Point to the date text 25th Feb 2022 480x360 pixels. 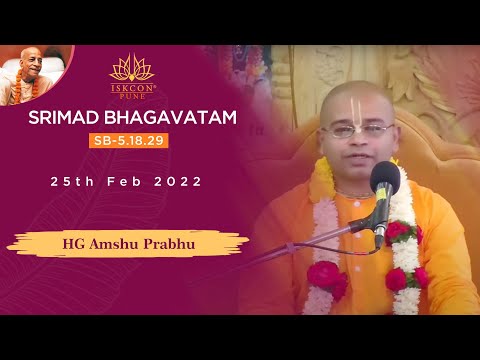127,182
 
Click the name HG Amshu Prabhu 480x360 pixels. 127,243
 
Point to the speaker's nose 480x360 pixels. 357,140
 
